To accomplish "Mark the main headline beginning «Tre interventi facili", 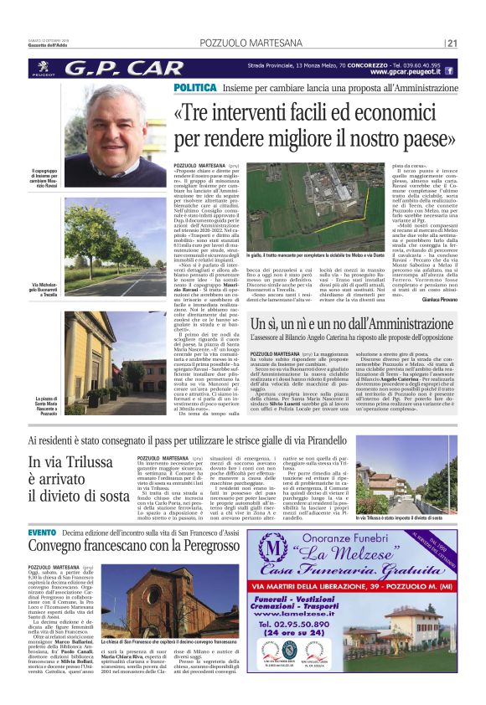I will point(326,124).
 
